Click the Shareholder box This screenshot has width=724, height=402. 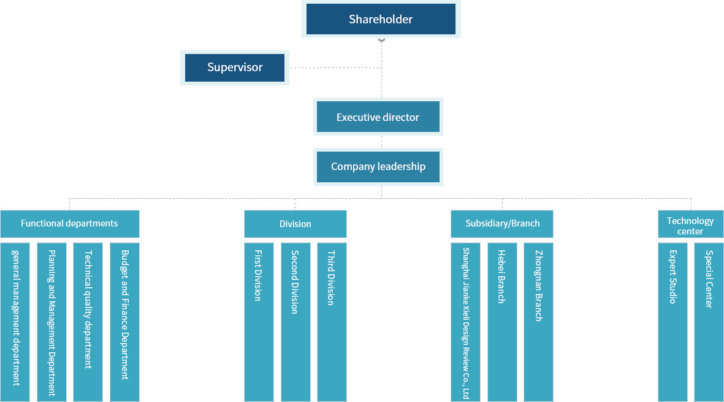pos(381,19)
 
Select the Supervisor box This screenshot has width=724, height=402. pos(235,68)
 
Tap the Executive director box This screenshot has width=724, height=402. pos(378,117)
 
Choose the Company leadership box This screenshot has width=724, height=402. pos(378,166)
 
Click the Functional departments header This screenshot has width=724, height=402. pos(69,223)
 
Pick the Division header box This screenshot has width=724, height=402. pos(295,224)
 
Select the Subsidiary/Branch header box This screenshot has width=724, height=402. pos(502,223)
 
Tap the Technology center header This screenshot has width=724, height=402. pos(690,225)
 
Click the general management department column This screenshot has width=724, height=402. pos(15,322)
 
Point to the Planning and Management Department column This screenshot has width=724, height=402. pos(51,322)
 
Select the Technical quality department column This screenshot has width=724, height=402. pos(88,322)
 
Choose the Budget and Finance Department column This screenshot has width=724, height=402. pos(124,322)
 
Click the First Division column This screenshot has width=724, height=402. pos(258,322)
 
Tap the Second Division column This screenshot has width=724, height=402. pos(295,322)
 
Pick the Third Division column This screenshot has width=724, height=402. pos(331,322)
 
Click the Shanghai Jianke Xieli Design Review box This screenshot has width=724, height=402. pos(465,322)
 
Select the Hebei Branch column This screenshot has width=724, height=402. pos(501,322)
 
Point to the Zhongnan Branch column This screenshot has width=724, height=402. pos(538,322)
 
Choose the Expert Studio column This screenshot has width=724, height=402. pos(673,322)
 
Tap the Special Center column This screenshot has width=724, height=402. pos(709,322)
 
